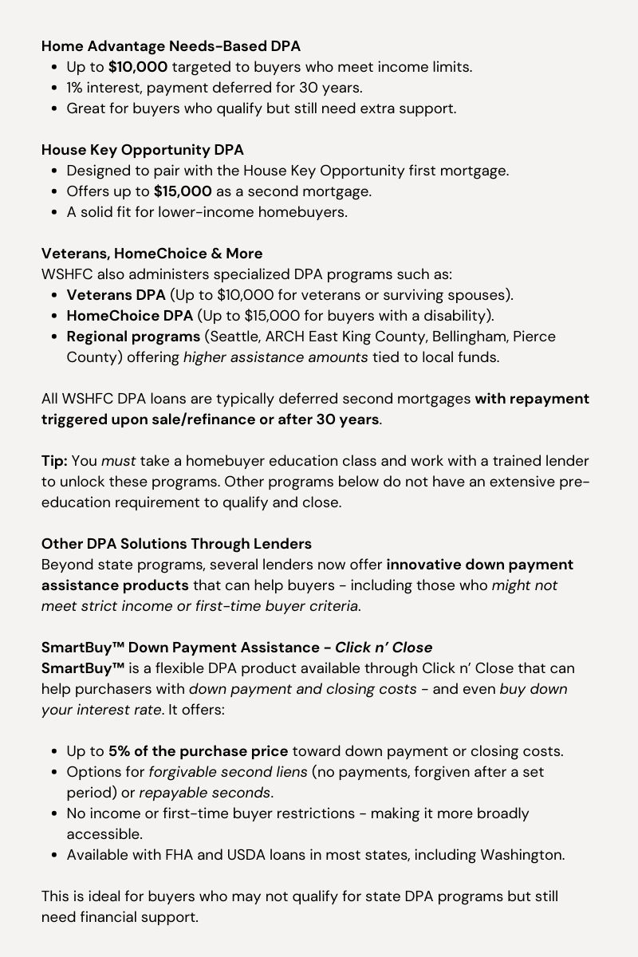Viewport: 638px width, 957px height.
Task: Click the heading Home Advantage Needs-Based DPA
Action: click(x=171, y=46)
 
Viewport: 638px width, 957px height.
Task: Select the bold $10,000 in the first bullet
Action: click(x=138, y=67)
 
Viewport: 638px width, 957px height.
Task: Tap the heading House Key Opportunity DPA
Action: click(x=143, y=150)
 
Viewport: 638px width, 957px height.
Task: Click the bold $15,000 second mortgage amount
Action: click(x=183, y=191)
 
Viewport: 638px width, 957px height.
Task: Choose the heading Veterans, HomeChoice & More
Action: click(x=152, y=254)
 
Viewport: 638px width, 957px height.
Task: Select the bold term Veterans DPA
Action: click(x=116, y=295)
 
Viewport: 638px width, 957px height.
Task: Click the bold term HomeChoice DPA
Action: click(x=129, y=316)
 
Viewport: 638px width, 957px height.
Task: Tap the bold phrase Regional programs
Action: click(x=133, y=337)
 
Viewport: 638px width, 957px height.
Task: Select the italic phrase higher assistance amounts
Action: click(x=275, y=357)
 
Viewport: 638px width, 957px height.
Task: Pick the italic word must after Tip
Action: click(x=117, y=461)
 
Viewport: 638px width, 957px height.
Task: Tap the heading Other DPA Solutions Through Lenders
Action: click(x=176, y=544)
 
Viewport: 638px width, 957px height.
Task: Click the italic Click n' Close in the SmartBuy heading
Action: click(x=384, y=648)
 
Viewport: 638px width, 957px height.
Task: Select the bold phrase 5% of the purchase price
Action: click(x=199, y=751)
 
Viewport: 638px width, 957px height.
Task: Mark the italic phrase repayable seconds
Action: click(x=205, y=793)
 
